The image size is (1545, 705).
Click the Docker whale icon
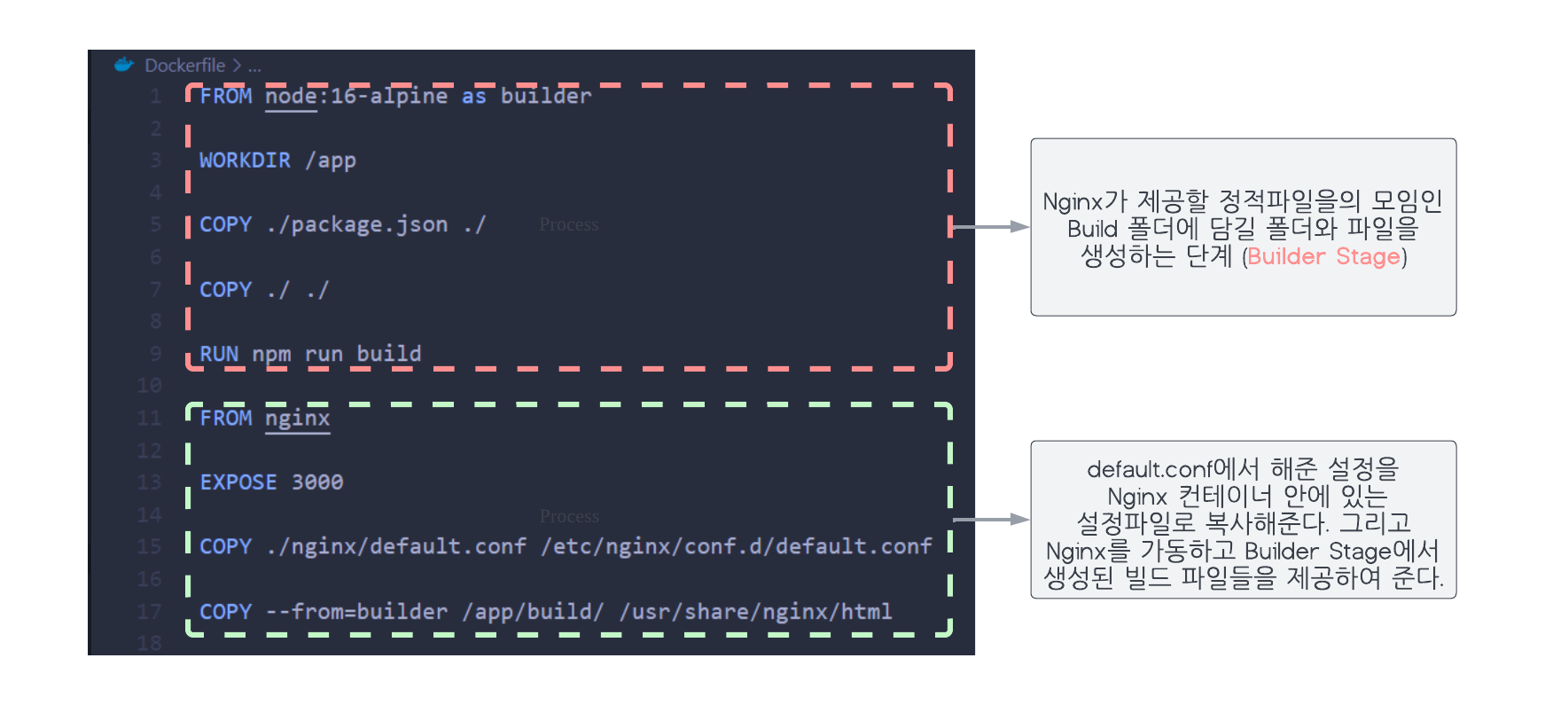point(124,65)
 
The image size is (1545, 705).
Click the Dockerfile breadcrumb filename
point(184,66)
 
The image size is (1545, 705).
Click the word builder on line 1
point(545,96)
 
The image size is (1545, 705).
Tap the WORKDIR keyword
point(245,161)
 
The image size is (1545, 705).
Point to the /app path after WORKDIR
point(331,161)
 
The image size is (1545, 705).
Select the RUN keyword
point(219,354)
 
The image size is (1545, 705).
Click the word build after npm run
point(389,354)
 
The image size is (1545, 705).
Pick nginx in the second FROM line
point(297,418)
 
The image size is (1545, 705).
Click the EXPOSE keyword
point(238,482)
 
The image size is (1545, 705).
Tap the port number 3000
point(317,482)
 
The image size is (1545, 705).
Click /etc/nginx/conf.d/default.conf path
point(737,546)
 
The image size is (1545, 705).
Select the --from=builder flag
point(357,612)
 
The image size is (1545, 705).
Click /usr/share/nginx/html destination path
point(756,612)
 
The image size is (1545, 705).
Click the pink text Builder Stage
point(1323,257)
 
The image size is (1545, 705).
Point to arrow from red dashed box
point(989,227)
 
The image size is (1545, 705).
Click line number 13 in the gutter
point(149,482)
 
